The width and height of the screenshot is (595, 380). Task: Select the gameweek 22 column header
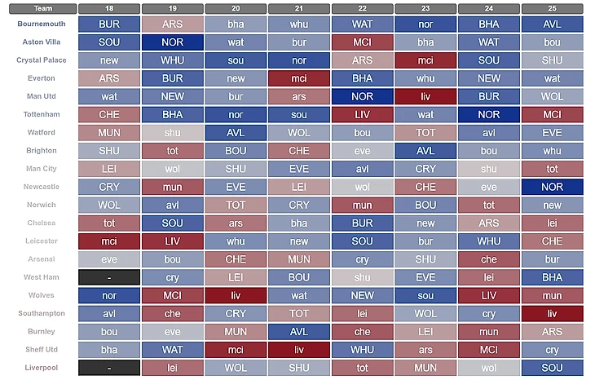coord(362,8)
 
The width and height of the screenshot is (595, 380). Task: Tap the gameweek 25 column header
coord(552,8)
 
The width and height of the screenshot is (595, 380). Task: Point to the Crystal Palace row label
coord(36,60)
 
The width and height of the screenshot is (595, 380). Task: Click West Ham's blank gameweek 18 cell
coord(109,277)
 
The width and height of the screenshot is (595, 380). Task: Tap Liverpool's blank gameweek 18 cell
coord(109,367)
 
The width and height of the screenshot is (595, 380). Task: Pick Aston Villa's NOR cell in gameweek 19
coord(172,42)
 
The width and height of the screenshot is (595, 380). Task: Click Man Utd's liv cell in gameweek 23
coord(425,97)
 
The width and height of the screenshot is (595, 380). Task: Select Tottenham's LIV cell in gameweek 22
coord(362,115)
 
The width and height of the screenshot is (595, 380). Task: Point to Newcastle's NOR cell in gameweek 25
coord(552,187)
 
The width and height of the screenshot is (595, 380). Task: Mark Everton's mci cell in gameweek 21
coord(298,78)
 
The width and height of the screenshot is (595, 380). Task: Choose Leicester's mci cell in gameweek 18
coord(109,241)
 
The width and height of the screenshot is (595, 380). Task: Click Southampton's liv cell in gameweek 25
coord(552,313)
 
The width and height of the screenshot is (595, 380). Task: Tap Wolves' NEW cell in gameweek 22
coord(362,295)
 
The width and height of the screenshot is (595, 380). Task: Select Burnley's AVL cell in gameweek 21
coord(298,331)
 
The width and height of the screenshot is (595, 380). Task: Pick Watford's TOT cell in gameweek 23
coord(425,133)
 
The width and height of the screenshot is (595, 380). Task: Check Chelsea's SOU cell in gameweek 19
coord(172,223)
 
